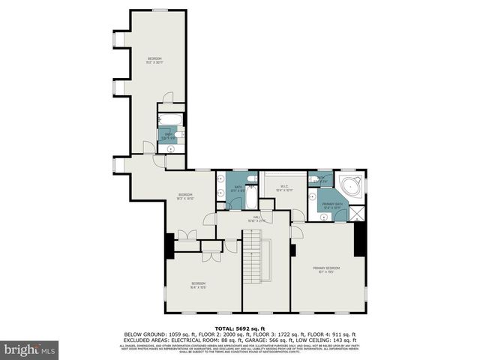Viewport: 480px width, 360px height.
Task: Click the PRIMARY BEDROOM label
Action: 326,269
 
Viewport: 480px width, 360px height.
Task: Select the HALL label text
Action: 256,220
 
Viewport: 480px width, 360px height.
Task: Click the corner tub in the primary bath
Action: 351,187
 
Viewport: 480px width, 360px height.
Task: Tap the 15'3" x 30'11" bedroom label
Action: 154,61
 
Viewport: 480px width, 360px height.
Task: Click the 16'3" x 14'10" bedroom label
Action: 184,197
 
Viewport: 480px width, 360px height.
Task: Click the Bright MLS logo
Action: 30,349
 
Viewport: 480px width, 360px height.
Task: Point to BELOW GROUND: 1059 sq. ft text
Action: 154,334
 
